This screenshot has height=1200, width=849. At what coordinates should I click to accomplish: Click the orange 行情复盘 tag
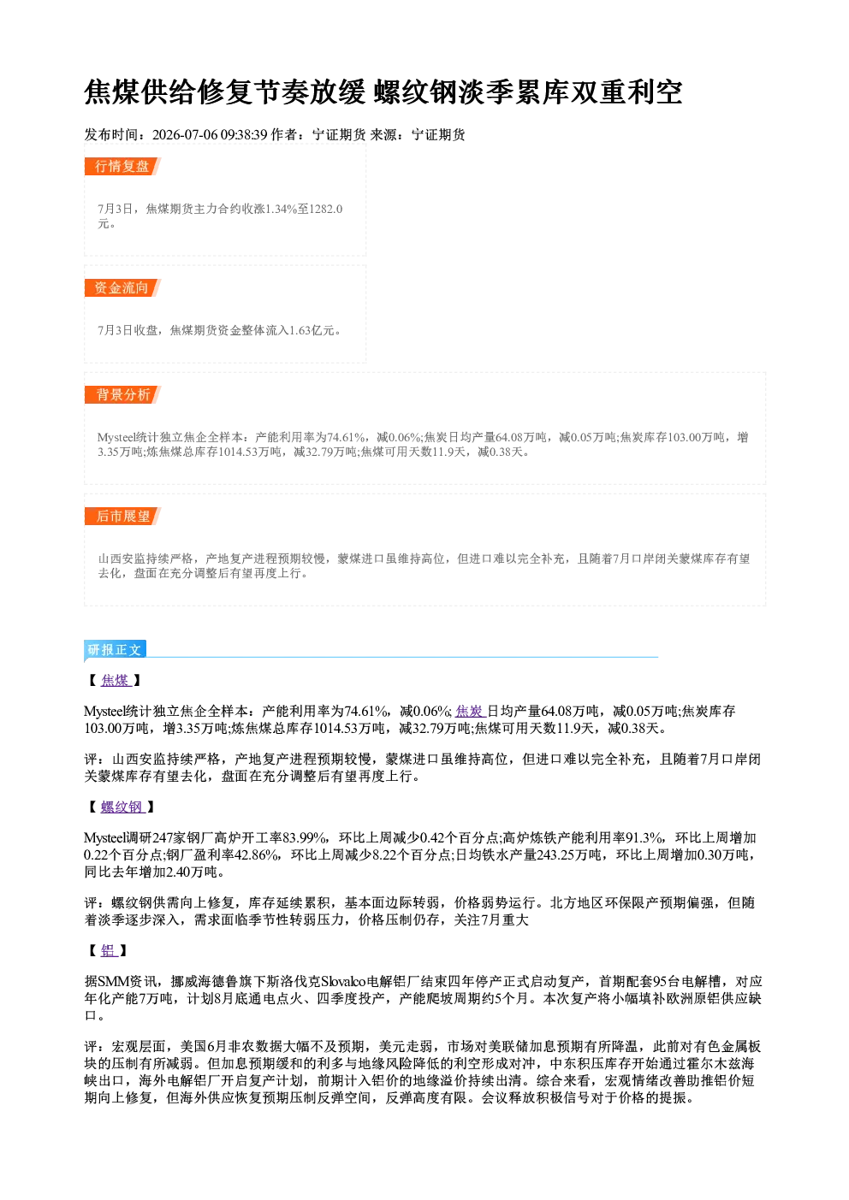(x=122, y=166)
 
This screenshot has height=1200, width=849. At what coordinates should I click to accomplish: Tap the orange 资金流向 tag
(x=122, y=287)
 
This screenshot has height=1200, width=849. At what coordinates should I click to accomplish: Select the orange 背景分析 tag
(x=122, y=395)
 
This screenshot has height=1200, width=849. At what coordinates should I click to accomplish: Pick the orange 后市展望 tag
(x=122, y=517)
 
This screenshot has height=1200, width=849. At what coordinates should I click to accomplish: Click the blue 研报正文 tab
(x=115, y=650)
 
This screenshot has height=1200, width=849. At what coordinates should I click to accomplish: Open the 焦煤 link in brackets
(x=116, y=680)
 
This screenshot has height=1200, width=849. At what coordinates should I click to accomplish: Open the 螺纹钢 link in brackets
(x=122, y=807)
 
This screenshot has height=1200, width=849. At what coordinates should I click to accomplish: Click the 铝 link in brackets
(x=109, y=950)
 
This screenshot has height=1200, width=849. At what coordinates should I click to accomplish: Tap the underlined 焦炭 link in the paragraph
(x=470, y=711)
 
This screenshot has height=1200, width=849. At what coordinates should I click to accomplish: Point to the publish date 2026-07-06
(x=185, y=134)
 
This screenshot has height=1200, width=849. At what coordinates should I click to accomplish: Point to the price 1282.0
(x=326, y=209)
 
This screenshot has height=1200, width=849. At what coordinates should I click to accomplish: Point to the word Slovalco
(x=343, y=981)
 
